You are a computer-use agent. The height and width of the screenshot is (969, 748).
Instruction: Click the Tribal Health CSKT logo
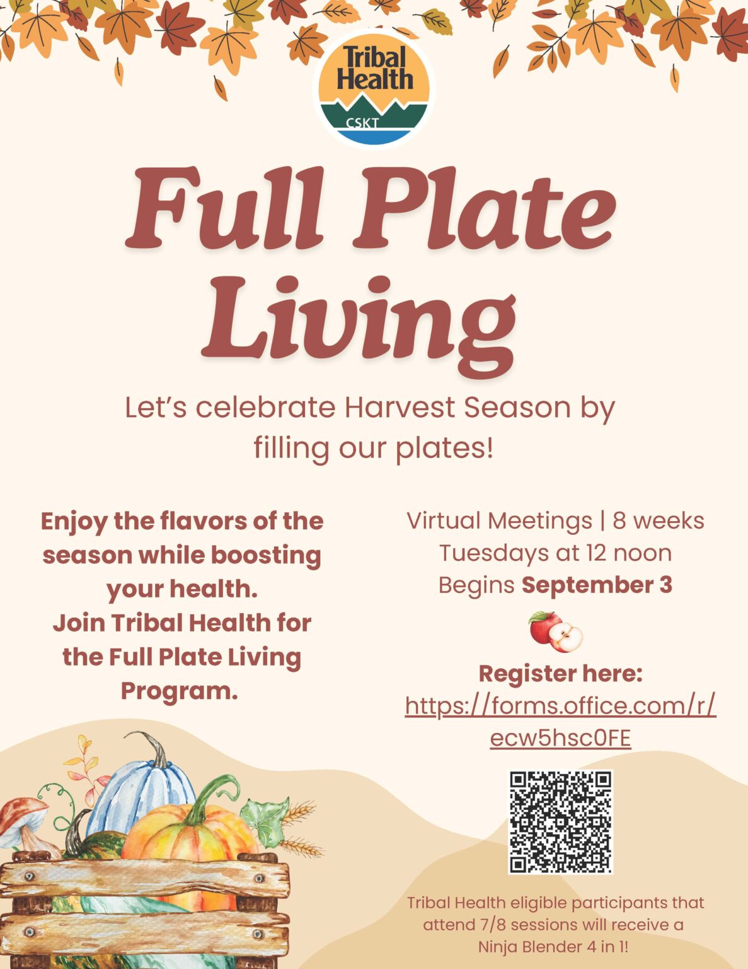(374, 89)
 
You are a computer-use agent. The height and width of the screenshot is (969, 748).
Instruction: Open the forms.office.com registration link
(561, 722)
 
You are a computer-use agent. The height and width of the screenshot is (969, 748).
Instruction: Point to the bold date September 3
(597, 585)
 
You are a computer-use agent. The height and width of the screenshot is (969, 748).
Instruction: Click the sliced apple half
(565, 638)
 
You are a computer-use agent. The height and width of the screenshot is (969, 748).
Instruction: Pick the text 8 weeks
(659, 521)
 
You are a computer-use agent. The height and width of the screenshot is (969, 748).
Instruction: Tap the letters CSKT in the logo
(362, 123)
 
